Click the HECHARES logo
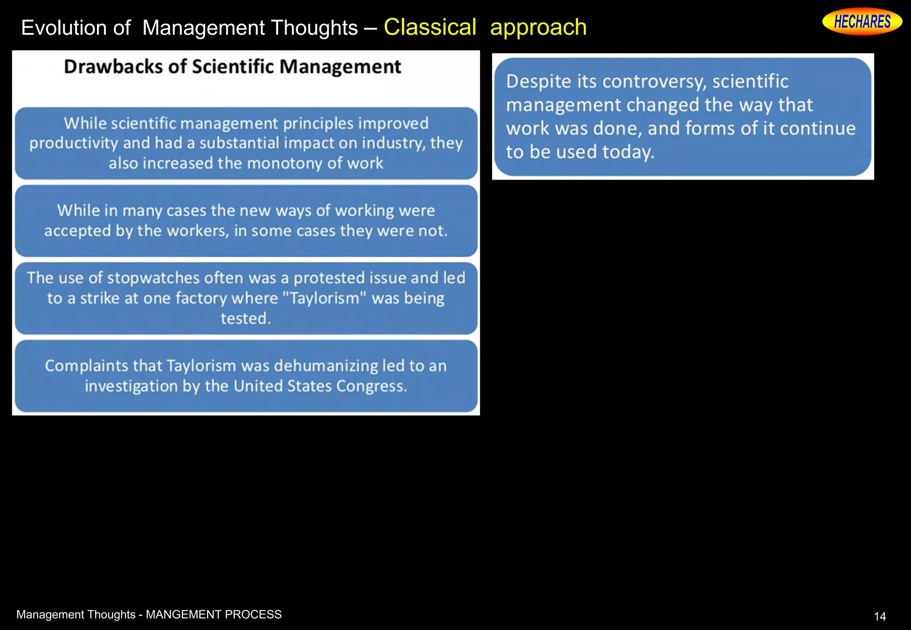pyautogui.click(x=862, y=21)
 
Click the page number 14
pyautogui.click(x=879, y=616)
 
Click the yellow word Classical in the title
pyautogui.click(x=430, y=27)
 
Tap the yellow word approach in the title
pyautogui.click(x=538, y=28)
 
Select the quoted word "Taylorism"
pyautogui.click(x=324, y=298)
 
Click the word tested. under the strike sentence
pyautogui.click(x=246, y=318)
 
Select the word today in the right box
pyautogui.click(x=628, y=152)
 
